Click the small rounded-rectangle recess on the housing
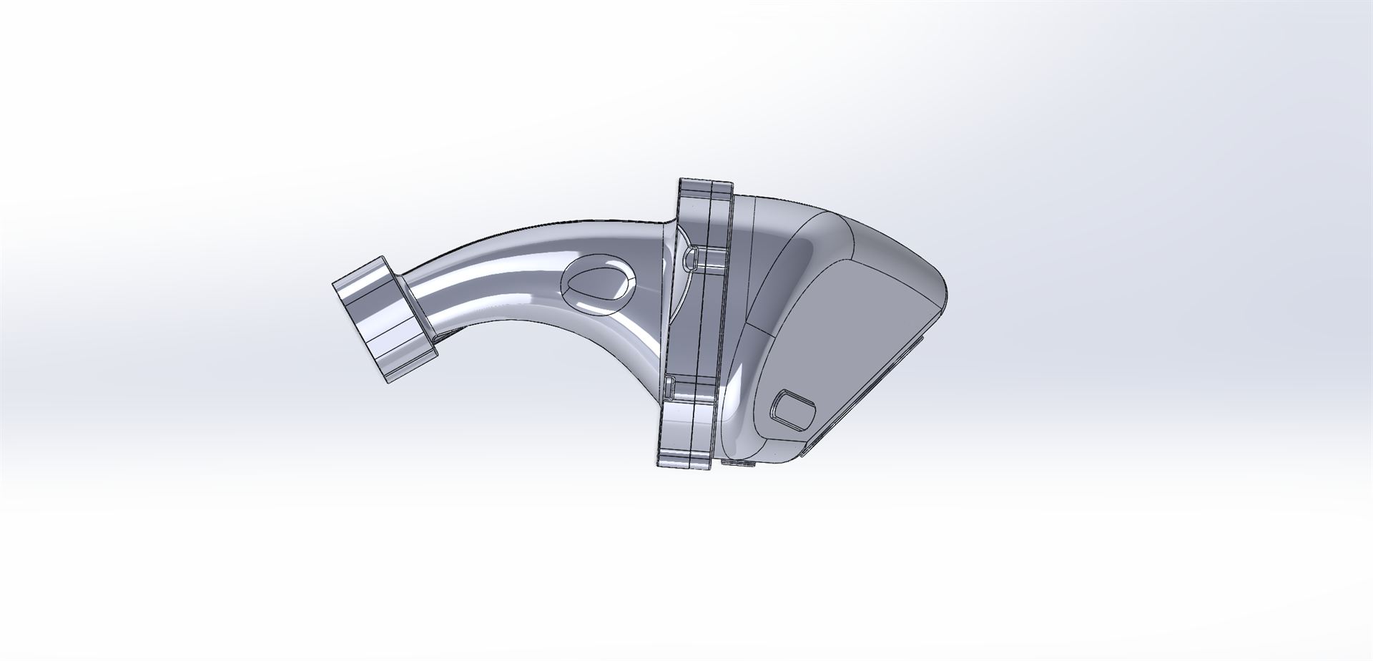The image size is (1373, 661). point(794,410)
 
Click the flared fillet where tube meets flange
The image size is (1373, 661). point(661,286)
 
